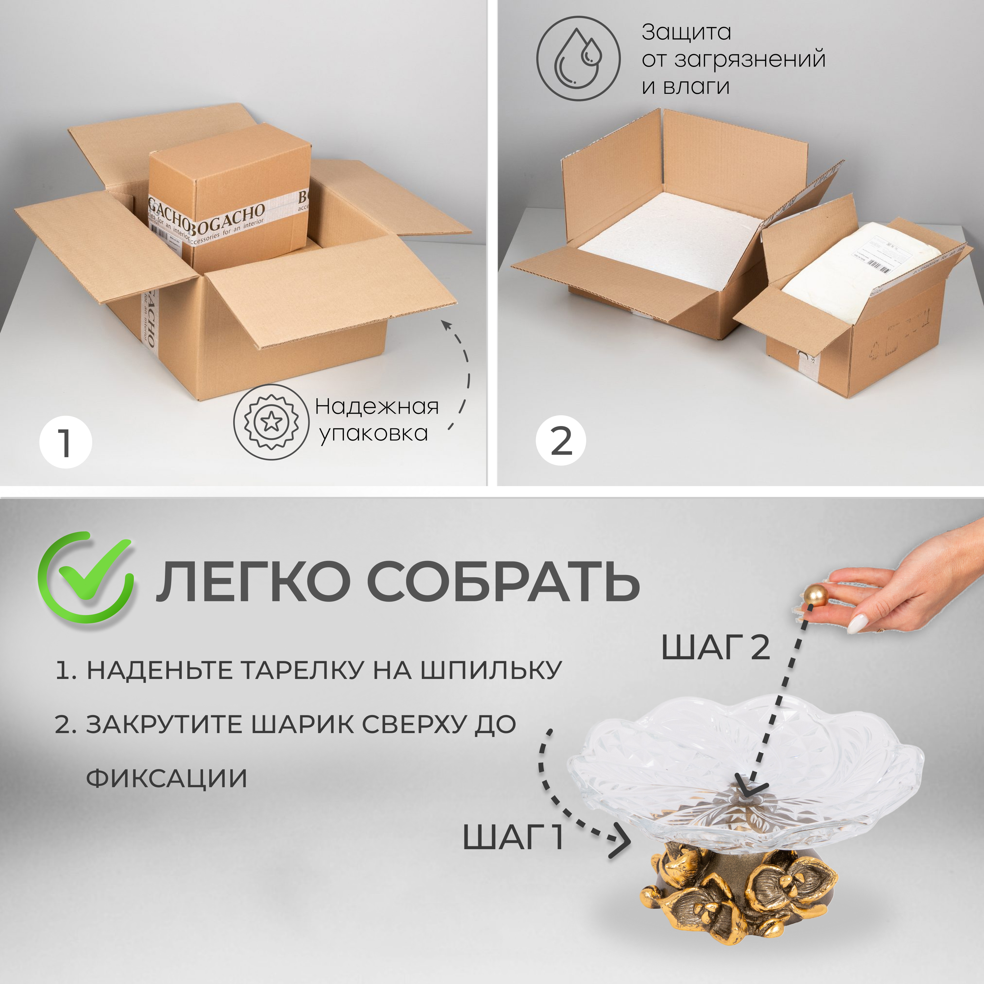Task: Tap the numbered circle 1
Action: tap(65, 442)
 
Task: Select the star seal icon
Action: tap(271, 422)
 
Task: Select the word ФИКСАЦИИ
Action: tap(167, 779)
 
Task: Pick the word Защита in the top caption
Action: tap(686, 32)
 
